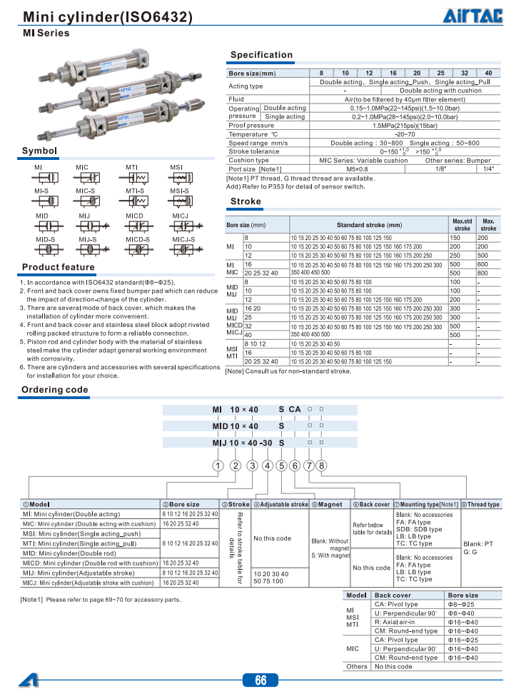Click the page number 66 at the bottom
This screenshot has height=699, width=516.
[260, 680]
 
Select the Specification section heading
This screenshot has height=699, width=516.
[261, 55]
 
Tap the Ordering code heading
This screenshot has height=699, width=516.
[55, 390]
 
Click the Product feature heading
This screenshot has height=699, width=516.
[58, 268]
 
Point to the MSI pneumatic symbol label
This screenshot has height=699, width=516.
[176, 167]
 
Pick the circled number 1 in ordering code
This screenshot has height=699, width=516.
[216, 466]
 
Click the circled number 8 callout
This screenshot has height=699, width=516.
[322, 466]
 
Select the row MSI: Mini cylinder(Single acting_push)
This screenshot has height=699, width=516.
[81, 533]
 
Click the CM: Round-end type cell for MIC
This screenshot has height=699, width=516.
[406, 658]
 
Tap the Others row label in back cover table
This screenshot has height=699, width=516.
[357, 667]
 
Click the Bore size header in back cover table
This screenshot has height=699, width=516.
[462, 595]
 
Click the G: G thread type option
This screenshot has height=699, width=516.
[470, 552]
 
